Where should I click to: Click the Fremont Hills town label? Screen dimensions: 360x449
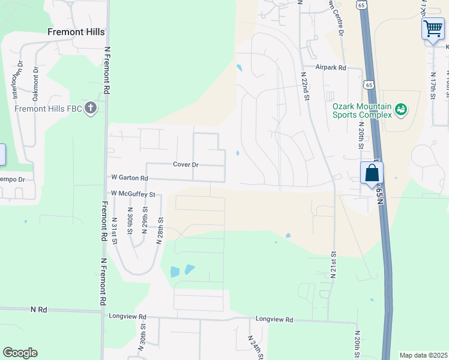[76, 32]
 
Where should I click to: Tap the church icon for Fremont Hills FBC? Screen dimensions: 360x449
[91, 109]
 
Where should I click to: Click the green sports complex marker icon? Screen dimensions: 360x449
[401, 110]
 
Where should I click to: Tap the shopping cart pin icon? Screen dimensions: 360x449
[433, 28]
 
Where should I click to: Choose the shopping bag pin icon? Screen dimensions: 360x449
[372, 173]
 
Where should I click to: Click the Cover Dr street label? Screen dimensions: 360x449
[185, 164]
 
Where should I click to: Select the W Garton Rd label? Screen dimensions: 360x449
[130, 178]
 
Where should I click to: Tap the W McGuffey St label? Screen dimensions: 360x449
[133, 194]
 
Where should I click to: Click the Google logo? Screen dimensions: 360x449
[20, 353]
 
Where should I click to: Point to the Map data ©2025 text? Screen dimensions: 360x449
[423, 355]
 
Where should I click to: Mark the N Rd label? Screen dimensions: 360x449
[38, 310]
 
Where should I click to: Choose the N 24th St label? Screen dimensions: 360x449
[255, 347]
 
